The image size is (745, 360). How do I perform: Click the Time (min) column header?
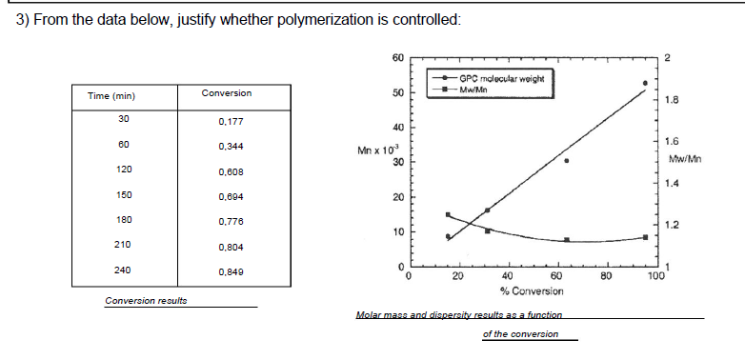(111, 96)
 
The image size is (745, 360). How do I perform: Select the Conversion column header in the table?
(227, 92)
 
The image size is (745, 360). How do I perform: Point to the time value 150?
(123, 194)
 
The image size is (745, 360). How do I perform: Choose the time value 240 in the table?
(123, 270)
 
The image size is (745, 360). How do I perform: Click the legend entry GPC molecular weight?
(501, 79)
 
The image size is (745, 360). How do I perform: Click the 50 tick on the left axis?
(397, 92)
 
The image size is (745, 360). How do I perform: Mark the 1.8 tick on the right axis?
(672, 99)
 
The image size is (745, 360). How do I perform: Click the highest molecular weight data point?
(645, 83)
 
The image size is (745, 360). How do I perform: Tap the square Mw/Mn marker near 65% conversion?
(567, 240)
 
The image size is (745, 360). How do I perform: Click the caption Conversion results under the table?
(146, 301)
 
